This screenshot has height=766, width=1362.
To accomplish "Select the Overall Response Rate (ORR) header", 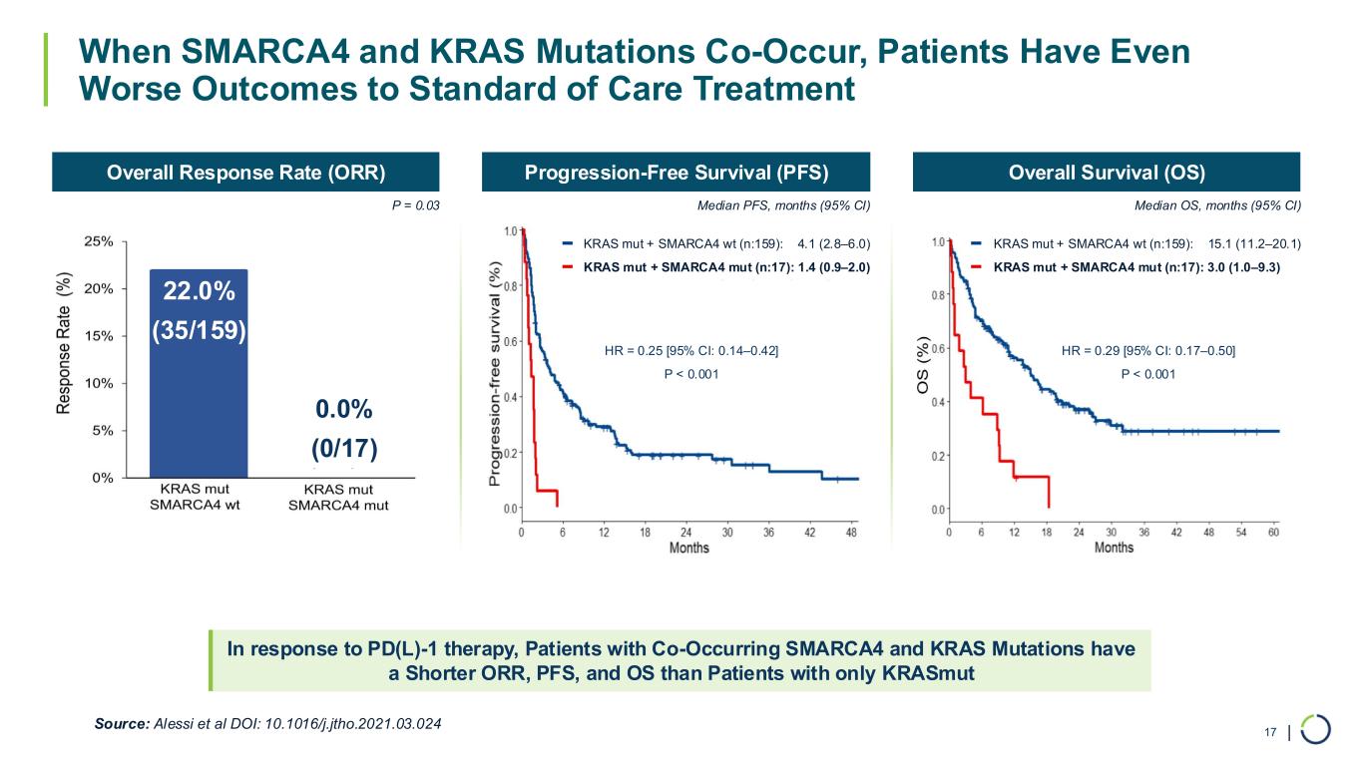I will click(245, 172).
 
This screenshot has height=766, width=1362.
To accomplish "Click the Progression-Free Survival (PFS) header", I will click(677, 172).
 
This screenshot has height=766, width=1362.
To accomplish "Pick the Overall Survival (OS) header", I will click(1107, 172).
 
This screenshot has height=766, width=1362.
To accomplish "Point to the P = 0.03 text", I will click(412, 205).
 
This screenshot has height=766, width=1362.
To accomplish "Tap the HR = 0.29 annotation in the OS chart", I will click(1148, 350).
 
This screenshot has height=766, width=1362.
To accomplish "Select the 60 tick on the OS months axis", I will click(1273, 533).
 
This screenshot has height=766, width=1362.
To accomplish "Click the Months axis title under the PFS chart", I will click(688, 548).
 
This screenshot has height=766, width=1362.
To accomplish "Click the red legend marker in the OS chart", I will click(977, 267).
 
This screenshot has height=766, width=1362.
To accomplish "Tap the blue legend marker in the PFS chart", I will click(567, 242).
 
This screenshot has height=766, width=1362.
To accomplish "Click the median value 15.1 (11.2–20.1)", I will click(1254, 242).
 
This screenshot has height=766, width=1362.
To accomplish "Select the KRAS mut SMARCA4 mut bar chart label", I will click(338, 498).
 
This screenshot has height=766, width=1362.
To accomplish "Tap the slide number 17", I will click(1270, 733).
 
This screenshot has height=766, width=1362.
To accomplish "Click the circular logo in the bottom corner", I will click(1316, 729).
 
